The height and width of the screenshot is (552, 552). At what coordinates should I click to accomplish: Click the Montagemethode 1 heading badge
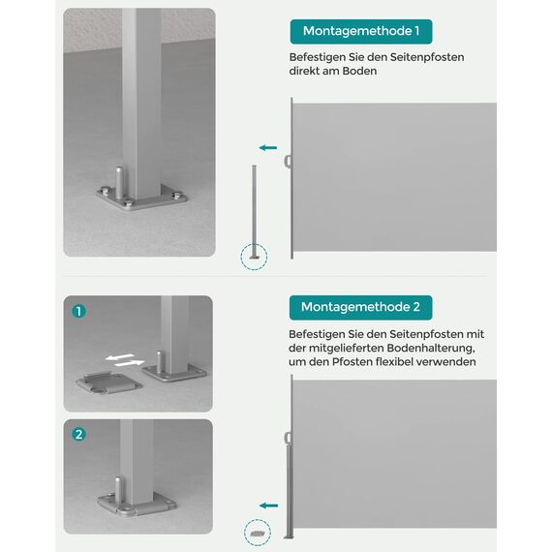pos(361,31)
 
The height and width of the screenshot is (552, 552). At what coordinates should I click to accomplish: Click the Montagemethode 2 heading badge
pos(361,307)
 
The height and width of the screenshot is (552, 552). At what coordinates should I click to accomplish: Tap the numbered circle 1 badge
pos(79,312)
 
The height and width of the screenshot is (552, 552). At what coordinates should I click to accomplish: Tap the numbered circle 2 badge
pos(79,434)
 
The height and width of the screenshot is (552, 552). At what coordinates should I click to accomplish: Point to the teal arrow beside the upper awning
pos(268,148)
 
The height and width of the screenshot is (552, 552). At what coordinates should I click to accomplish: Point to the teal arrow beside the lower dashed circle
pos(268,505)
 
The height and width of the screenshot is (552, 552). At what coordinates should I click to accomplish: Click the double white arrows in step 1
pos(123,360)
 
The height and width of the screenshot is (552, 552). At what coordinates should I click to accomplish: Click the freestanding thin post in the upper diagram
pos(256,209)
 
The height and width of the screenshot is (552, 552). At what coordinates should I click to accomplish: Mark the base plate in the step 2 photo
pos(135,506)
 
